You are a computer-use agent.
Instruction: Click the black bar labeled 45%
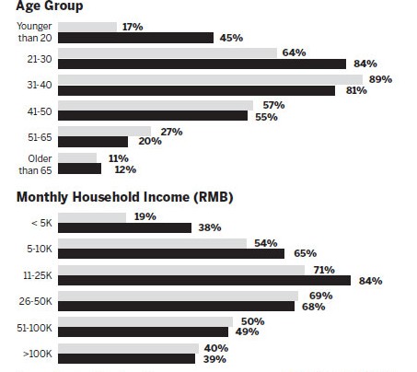pyautogui.click(x=135, y=38)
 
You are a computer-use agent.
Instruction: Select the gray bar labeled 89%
pyautogui.click(x=210, y=80)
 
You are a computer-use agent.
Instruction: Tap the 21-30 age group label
pyautogui.click(x=40, y=59)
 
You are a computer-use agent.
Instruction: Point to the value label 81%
pyautogui.click(x=356, y=90)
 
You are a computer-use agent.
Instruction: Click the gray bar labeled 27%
pyautogui.click(x=104, y=132)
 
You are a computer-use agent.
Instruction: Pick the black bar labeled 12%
pyautogui.click(x=79, y=169)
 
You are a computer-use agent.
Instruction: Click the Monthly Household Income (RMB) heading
pyautogui.click(x=125, y=197)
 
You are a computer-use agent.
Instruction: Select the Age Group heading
pyautogui.click(x=50, y=6)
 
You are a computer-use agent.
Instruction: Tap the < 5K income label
pyautogui.click(x=41, y=223)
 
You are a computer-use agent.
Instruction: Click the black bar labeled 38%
pyautogui.click(x=124, y=227)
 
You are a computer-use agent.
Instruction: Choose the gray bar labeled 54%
pyautogui.click(x=152, y=243)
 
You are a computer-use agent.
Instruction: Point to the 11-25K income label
pyautogui.click(x=38, y=275)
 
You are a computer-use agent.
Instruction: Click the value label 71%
pyautogui.click(x=324, y=270)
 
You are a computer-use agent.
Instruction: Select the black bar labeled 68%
pyautogui.click(x=176, y=306)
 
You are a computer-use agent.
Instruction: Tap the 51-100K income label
pyautogui.click(x=34, y=328)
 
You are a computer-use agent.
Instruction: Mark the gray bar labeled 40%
pyautogui.click(x=128, y=348)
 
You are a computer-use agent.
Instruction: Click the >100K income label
pyautogui.click(x=38, y=354)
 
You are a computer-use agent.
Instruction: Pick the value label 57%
pyautogui.click(x=273, y=105)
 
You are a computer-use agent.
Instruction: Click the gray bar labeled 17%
pyautogui.click(x=87, y=27)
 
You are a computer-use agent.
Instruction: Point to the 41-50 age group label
pyautogui.click(x=40, y=111)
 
